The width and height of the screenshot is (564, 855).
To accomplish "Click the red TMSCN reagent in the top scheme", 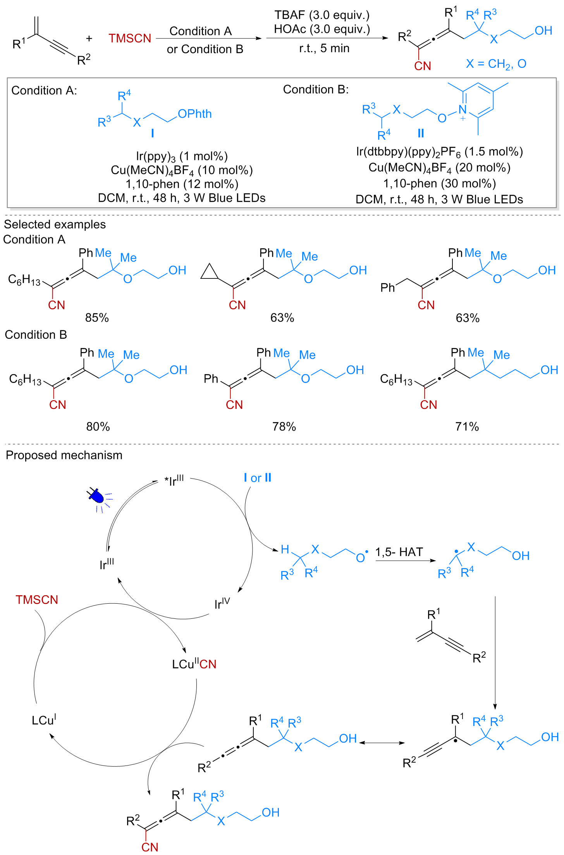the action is [x=130, y=38].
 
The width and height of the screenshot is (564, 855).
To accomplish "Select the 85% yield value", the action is [x=97, y=318].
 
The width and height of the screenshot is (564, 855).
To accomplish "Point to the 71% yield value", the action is [x=467, y=427].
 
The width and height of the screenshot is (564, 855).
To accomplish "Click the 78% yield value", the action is [x=284, y=427].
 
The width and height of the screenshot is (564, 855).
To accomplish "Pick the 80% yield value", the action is [x=98, y=427].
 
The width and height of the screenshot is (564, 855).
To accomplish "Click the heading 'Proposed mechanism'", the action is [x=64, y=455].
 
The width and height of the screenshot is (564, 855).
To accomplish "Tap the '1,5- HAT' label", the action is [x=399, y=552].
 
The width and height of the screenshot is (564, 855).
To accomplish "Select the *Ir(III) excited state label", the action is [x=174, y=481].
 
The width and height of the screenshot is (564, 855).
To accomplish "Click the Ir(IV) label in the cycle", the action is [x=222, y=603].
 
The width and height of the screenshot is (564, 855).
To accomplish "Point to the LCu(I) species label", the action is [x=44, y=720].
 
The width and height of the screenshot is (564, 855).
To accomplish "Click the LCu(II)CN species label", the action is [x=194, y=664].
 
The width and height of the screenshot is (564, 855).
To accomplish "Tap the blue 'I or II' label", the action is [x=258, y=478].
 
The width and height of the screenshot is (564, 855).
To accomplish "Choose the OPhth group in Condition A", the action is [x=195, y=114].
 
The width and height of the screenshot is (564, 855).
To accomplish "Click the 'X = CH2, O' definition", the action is [x=496, y=64].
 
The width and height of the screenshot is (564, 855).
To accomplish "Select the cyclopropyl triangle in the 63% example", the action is [x=210, y=272].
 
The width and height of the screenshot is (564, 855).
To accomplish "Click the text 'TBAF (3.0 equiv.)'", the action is [x=322, y=15].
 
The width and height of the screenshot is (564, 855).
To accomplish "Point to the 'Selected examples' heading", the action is [x=55, y=224].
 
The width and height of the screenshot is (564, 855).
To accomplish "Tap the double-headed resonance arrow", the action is [x=382, y=743].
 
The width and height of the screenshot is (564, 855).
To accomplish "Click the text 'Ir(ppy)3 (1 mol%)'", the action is [x=182, y=156].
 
